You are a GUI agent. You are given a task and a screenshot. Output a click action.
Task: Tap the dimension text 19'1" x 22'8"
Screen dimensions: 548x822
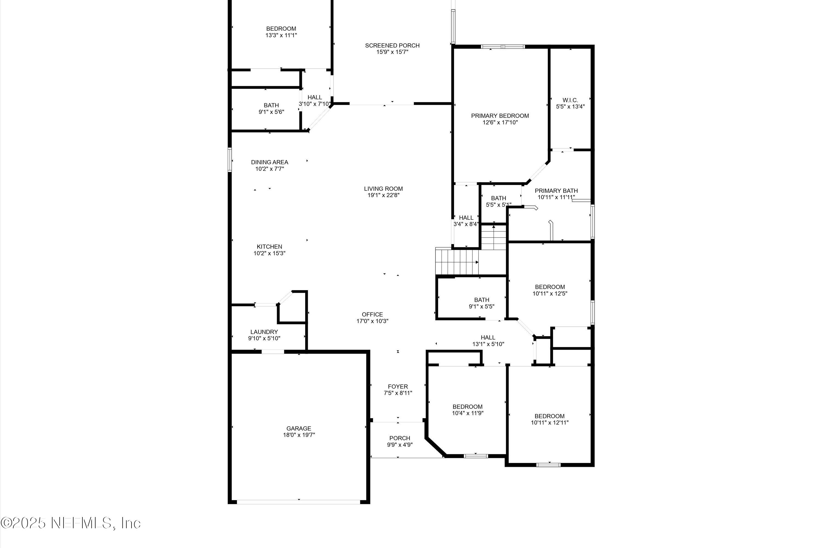pos(383,195)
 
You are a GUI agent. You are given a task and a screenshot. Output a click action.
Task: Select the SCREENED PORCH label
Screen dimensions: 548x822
pos(392,45)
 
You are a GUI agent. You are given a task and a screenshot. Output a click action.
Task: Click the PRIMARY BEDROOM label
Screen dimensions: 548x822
pos(500,116)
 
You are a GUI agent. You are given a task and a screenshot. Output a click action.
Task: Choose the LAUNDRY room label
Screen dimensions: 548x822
pos(264,332)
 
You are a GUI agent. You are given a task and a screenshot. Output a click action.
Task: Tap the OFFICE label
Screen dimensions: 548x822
pos(372,314)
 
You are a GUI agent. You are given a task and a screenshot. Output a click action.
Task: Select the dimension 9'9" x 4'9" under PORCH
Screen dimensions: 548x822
pos(400,445)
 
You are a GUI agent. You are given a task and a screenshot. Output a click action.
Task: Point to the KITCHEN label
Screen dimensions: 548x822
pos(269,246)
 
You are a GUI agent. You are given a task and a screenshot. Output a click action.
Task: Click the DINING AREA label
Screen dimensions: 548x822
pos(269,162)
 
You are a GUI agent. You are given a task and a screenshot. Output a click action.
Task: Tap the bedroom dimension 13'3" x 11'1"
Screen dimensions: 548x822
pos(281,35)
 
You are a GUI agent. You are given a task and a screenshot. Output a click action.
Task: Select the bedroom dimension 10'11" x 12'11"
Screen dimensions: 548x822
pos(549,423)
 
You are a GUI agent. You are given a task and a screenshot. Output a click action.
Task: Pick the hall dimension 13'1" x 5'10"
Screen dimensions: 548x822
pos(488,344)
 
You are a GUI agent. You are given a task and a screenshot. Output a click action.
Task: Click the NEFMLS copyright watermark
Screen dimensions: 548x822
pos(71,523)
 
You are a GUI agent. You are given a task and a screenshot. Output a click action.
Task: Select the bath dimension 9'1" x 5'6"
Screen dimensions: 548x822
pos(271,112)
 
